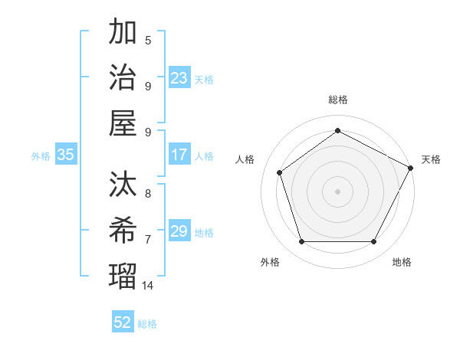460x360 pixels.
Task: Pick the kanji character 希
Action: [123, 227]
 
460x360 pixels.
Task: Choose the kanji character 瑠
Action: [123, 273]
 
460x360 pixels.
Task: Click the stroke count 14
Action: [148, 286]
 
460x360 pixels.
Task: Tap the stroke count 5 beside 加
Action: [148, 41]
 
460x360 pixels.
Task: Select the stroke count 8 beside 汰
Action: [148, 195]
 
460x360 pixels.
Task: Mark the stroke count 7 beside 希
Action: [148, 240]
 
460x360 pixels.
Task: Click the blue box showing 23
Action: [179, 78]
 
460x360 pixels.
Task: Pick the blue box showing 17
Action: [179, 155]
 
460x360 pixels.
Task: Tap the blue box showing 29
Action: [179, 231]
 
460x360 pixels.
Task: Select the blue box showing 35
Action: [66, 155]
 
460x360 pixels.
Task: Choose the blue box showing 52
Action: [123, 322]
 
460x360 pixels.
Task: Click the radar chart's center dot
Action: [337, 191]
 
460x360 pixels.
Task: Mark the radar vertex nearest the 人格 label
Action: [280, 172]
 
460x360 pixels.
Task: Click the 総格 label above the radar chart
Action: [337, 100]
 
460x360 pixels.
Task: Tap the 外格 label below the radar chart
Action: [270, 262]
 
